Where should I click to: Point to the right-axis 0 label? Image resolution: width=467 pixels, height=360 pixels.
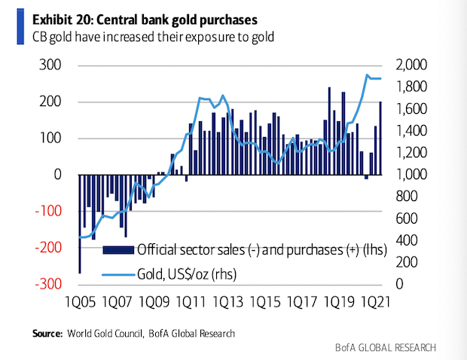pos(398,285)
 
